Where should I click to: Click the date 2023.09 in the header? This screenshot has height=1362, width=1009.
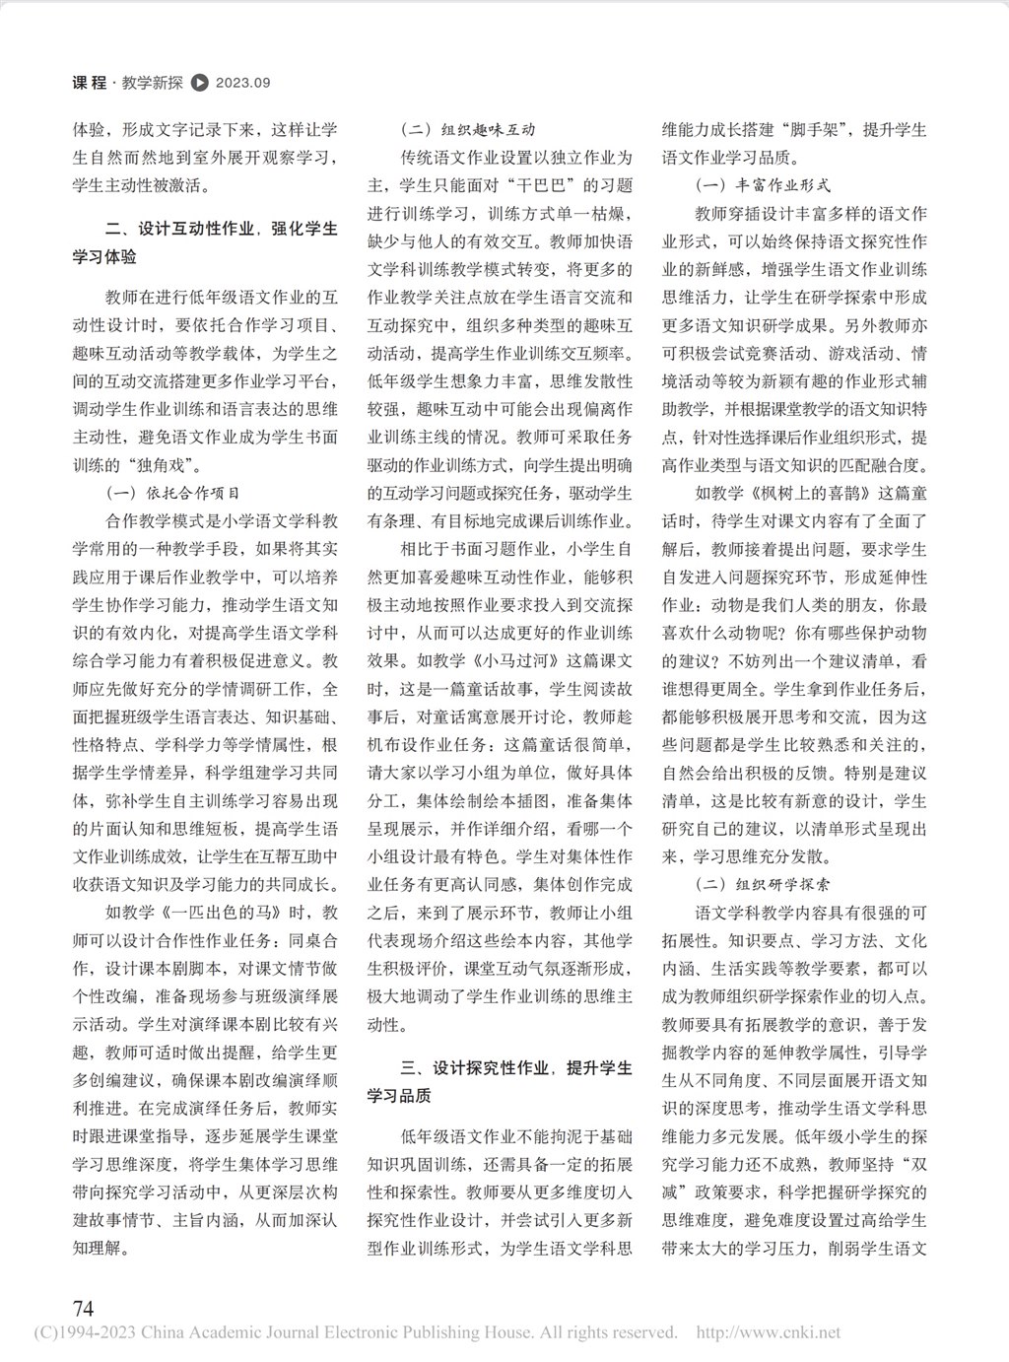242,84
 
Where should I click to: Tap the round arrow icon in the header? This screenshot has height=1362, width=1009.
199,84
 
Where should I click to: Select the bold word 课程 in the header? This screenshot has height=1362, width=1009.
90,84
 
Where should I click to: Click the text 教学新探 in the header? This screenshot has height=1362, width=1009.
153,84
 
